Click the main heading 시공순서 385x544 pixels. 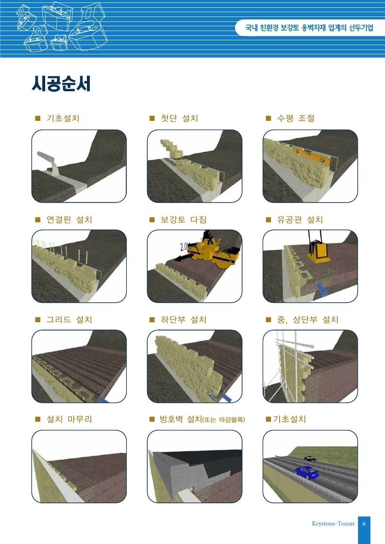(x=61, y=83)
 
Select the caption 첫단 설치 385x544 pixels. (x=179, y=118)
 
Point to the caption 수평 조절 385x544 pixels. (x=296, y=118)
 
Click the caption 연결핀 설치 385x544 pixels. (x=69, y=220)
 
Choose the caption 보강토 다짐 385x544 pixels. (x=184, y=220)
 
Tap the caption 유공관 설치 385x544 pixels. (x=300, y=220)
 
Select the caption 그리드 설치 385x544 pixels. (x=69, y=319)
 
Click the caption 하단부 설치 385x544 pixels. (x=184, y=319)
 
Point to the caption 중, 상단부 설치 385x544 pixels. (x=308, y=319)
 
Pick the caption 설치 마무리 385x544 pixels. (x=69, y=419)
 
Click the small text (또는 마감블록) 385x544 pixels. (x=223, y=420)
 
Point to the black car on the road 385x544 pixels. (x=310, y=459)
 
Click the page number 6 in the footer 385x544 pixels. (x=364, y=524)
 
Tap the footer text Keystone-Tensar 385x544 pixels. (x=333, y=524)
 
